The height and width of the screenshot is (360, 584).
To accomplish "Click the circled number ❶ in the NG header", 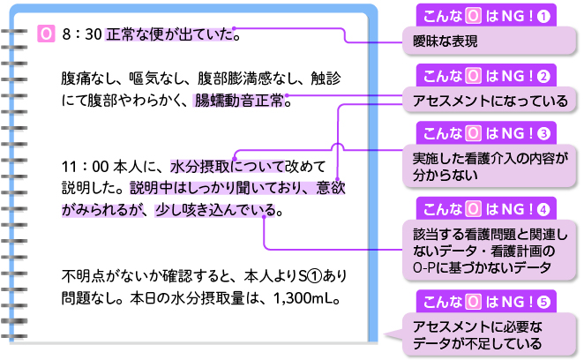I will (544, 15).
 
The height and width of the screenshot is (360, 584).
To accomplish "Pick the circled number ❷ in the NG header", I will (544, 76).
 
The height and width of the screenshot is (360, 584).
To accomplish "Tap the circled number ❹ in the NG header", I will (544, 209).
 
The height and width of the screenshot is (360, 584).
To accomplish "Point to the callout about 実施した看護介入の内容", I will (489, 167).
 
